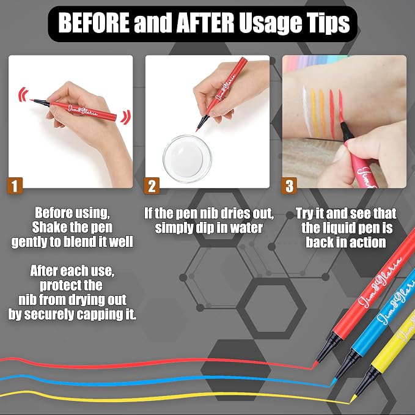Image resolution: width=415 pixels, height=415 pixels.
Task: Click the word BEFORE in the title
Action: (x=94, y=23)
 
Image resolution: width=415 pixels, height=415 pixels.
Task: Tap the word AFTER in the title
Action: (x=205, y=23)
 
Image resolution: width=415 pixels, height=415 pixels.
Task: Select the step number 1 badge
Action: (x=15, y=186)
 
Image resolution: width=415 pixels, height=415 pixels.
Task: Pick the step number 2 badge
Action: (x=152, y=186)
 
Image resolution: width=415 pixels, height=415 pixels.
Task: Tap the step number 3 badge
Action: (x=289, y=186)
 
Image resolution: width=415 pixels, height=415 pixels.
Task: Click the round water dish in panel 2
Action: (x=188, y=158)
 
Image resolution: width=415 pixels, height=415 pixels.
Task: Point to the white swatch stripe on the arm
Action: (x=306, y=111)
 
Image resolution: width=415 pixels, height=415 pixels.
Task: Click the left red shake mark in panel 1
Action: (x=23, y=95)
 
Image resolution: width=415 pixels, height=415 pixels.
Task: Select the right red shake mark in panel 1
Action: (x=126, y=117)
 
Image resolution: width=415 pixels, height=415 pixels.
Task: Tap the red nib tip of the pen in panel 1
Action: (x=32, y=100)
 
